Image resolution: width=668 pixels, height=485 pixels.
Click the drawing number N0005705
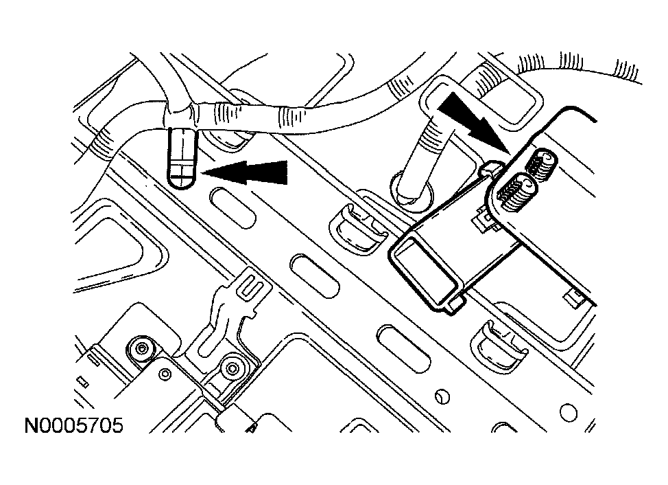tap(73, 426)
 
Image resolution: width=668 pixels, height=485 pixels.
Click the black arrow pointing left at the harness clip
tap(245, 172)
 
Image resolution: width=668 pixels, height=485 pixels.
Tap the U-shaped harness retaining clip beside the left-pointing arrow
tap(182, 159)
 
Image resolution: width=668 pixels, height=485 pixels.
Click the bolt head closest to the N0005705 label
tap(141, 350)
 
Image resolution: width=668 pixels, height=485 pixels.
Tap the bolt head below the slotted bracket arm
tap(232, 368)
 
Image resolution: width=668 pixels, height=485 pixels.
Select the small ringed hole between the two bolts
tap(165, 374)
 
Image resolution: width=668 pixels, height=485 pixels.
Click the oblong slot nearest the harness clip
tap(232, 209)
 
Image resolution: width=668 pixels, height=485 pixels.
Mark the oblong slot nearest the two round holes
tap(403, 346)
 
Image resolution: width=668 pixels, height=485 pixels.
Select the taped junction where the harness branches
tap(181, 114)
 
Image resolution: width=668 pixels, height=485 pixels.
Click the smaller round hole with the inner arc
tap(442, 396)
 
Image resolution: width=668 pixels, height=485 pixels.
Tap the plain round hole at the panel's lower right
tap(569, 412)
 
